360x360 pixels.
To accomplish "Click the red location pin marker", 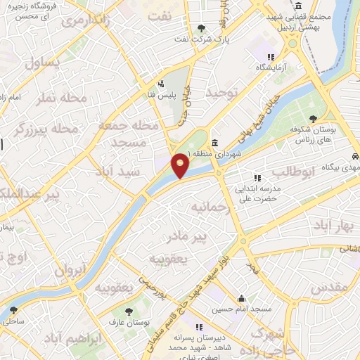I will (x=181, y=166).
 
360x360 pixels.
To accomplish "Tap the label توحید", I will (x=223, y=92).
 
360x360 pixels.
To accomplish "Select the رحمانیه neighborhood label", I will (x=210, y=208).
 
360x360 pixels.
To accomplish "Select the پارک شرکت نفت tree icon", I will (x=202, y=28).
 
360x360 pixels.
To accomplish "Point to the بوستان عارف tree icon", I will (x=128, y=309).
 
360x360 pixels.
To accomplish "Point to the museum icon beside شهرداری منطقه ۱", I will (x=214, y=143).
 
